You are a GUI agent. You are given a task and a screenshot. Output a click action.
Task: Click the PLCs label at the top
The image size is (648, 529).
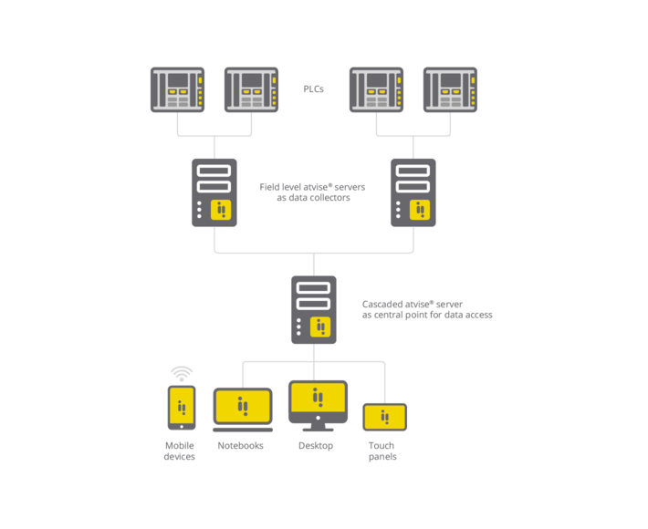click(313, 89)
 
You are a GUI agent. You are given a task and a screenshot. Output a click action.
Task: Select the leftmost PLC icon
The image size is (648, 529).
click(177, 89)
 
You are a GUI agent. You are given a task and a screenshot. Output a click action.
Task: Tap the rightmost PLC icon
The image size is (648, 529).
click(450, 89)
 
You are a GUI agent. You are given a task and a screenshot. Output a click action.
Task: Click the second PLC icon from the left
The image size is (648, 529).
click(251, 89)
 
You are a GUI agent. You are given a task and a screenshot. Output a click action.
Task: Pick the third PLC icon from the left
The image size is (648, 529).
click(376, 89)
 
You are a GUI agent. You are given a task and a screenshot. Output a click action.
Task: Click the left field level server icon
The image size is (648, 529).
click(214, 192)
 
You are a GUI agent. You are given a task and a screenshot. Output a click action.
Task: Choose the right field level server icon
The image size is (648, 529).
click(413, 192)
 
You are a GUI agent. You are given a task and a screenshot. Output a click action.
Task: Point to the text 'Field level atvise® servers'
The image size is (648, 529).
click(312, 187)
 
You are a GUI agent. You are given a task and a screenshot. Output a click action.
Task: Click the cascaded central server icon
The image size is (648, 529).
click(314, 309)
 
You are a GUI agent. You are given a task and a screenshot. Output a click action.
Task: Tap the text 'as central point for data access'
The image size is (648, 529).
click(427, 316)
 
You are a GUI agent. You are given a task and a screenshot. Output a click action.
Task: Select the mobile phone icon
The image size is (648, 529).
click(181, 407)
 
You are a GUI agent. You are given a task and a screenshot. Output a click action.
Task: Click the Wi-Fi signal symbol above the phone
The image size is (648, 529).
click(182, 373)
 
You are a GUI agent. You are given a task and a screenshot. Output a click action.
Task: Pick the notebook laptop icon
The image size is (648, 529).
click(243, 410)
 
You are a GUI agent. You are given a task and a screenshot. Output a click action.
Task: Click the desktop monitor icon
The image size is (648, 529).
click(318, 405)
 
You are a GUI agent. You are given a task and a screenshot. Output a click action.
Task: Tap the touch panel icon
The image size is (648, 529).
click(384, 417)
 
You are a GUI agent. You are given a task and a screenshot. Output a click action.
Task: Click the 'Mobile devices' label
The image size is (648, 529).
click(180, 451)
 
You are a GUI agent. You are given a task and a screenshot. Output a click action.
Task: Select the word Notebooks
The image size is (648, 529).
click(241, 446)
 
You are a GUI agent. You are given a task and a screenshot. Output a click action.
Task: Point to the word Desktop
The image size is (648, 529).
click(316, 446)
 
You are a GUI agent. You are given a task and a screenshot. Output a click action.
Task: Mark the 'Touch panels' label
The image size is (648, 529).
click(381, 451)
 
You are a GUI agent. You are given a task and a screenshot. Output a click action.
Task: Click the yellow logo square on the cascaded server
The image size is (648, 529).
click(320, 327)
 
